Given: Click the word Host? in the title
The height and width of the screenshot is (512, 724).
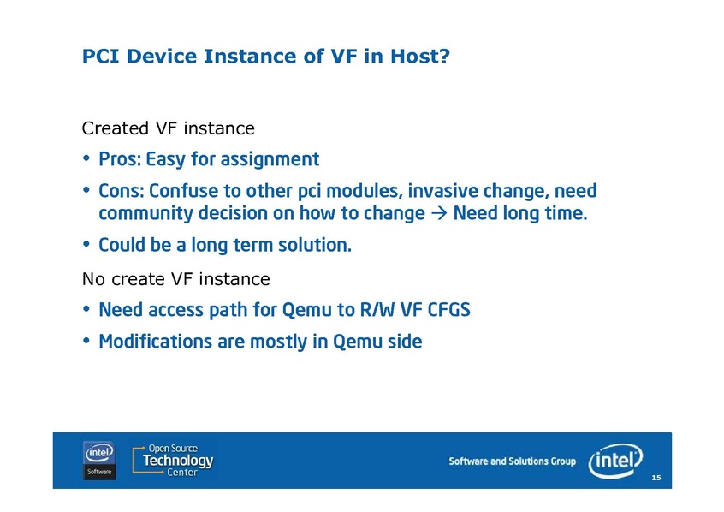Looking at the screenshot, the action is coord(420,56).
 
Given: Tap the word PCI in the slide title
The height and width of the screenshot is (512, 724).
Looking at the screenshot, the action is coord(101,56).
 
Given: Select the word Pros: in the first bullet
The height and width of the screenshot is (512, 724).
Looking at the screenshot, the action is coord(120,159).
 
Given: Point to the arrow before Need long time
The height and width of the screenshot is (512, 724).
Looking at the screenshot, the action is coord(439,213).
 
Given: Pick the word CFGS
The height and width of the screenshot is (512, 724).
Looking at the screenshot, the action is coord(448,310).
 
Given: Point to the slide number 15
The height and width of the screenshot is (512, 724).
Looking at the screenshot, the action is coord(656,478).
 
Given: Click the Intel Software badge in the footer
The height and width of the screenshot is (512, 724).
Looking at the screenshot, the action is coord(99,461).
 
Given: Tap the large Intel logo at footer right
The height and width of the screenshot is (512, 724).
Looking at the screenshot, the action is coord(615,461).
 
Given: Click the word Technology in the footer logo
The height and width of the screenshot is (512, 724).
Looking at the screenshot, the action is coord(178,461).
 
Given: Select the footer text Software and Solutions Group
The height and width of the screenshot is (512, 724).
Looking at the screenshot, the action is coord(512,461).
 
